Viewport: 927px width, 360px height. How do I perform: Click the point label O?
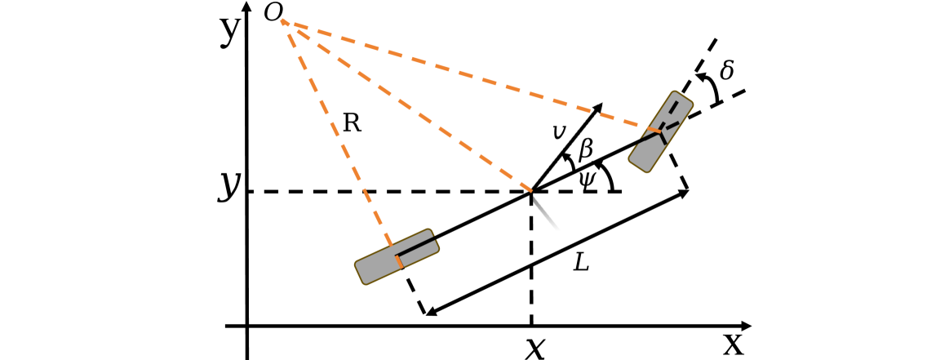(273, 12)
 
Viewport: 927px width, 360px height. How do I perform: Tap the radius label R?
(352, 123)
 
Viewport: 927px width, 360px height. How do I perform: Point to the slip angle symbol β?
(585, 150)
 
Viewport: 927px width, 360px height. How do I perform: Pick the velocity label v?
(559, 131)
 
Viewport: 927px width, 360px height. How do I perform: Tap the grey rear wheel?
(397, 256)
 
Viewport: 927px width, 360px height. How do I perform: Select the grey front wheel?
(661, 131)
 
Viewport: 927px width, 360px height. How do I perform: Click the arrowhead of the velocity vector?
(600, 107)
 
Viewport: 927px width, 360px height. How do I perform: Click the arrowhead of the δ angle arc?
(699, 77)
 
